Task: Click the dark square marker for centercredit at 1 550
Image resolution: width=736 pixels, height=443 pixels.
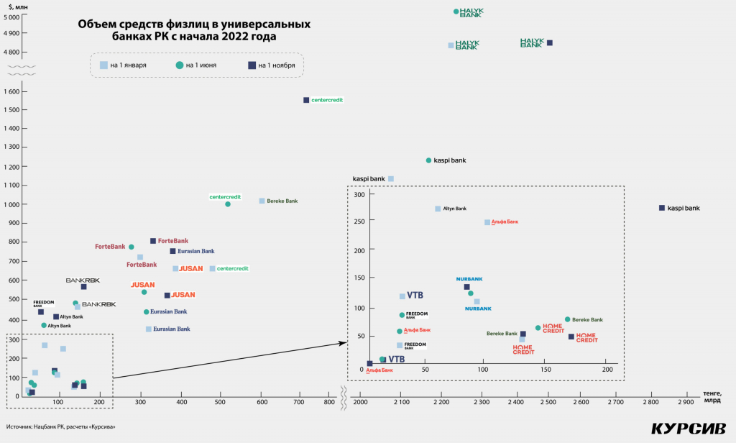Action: click(305, 100)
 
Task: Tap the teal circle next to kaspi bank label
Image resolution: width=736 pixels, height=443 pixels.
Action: click(428, 160)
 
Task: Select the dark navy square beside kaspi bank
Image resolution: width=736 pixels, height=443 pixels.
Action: click(662, 208)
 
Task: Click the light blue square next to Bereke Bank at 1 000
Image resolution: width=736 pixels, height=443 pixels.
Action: click(262, 201)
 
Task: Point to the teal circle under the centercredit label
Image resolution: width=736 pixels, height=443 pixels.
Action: click(228, 204)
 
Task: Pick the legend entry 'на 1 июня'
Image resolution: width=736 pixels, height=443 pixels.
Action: click(195, 65)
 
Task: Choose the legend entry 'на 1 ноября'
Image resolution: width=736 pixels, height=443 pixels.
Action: click(271, 65)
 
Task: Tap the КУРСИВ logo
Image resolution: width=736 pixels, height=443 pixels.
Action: click(682, 429)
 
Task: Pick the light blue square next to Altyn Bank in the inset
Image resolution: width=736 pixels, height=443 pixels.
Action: click(438, 209)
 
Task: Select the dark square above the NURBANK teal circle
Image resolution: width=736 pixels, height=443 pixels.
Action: click(466, 287)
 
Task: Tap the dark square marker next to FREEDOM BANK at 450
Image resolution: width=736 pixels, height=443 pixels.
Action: click(41, 312)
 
